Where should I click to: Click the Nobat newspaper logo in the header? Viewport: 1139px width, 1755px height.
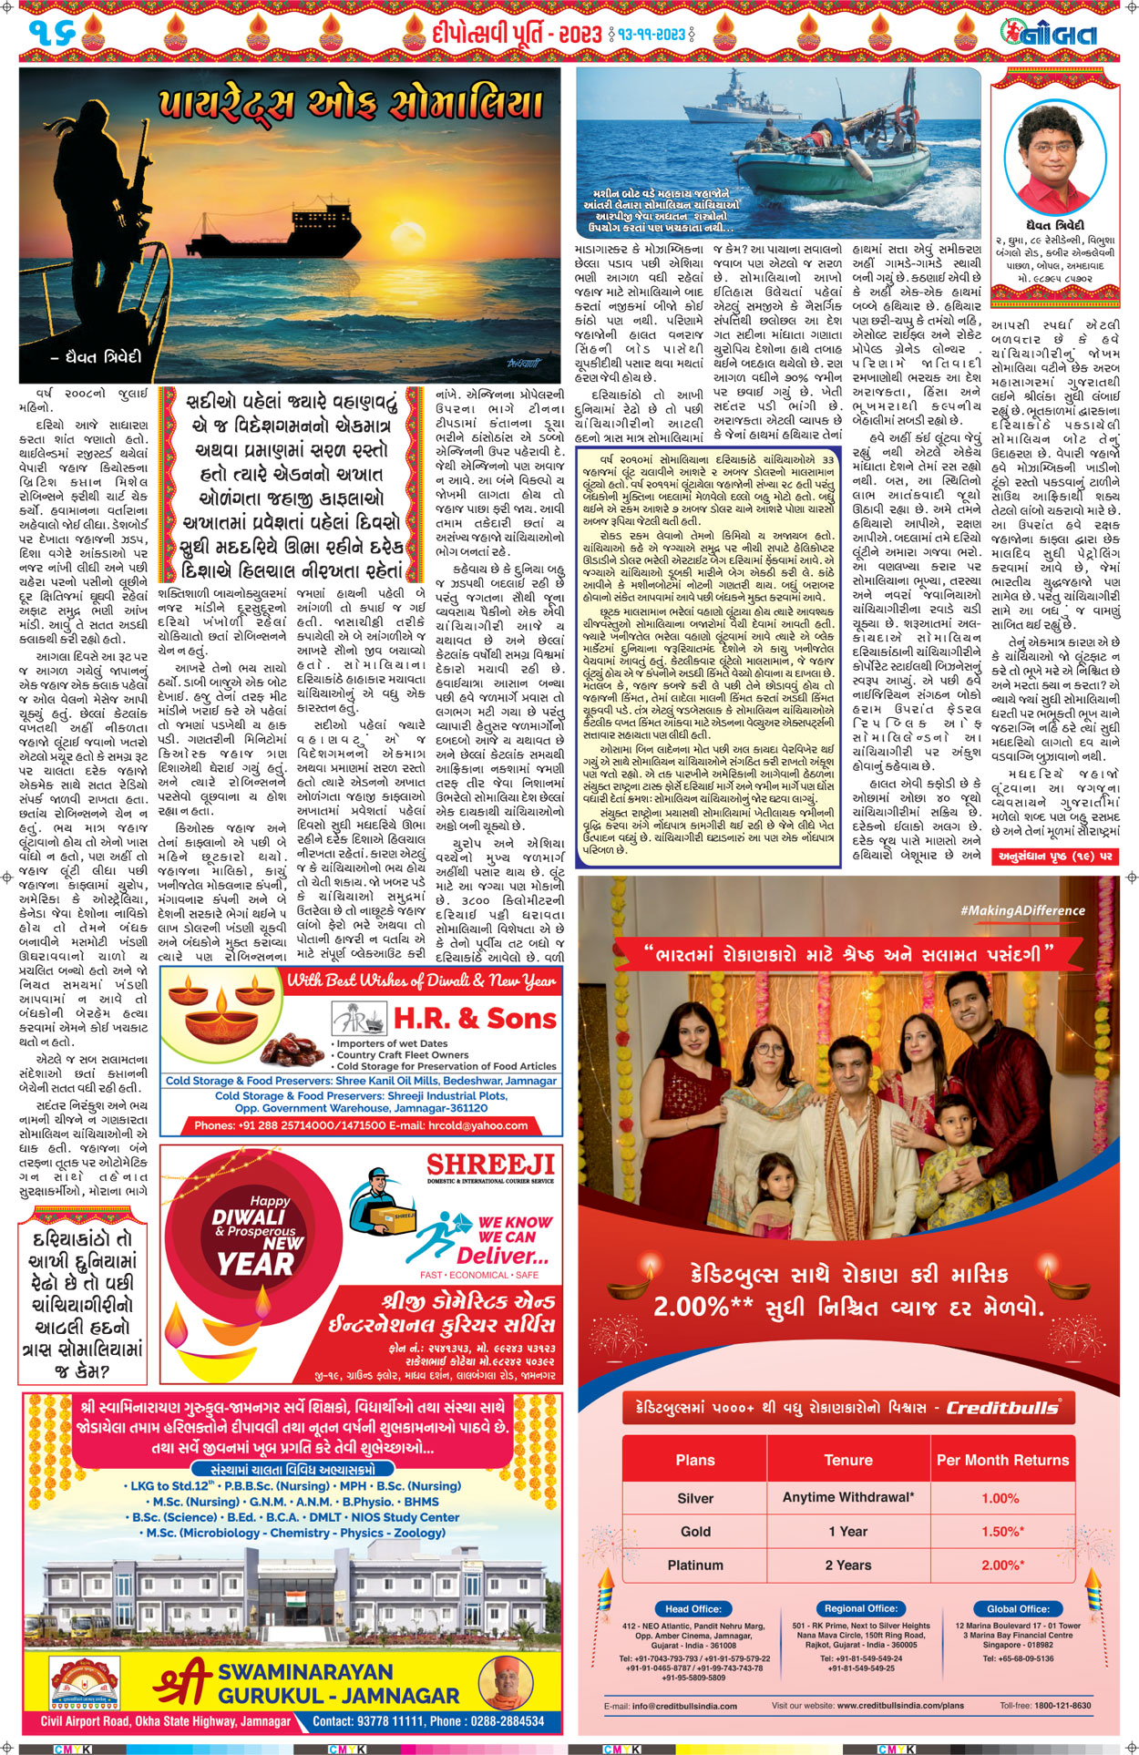point(1048,34)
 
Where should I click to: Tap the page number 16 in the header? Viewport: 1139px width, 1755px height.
point(51,34)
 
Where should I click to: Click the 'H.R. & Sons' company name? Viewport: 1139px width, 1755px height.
point(474,1018)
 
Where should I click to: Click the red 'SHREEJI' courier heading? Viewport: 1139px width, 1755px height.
point(490,1165)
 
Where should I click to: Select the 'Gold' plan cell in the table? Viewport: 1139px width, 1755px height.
point(695,1531)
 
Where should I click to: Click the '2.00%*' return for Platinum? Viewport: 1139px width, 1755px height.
point(1001,1565)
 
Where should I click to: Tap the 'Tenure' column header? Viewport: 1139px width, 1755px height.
point(848,1460)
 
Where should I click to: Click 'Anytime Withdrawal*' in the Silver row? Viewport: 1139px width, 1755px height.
point(848,1497)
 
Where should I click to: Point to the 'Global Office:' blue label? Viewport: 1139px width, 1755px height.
point(1018,1608)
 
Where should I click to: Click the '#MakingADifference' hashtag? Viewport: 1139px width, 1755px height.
point(1022,910)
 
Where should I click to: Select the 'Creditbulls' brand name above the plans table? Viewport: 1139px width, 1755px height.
point(1002,1407)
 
